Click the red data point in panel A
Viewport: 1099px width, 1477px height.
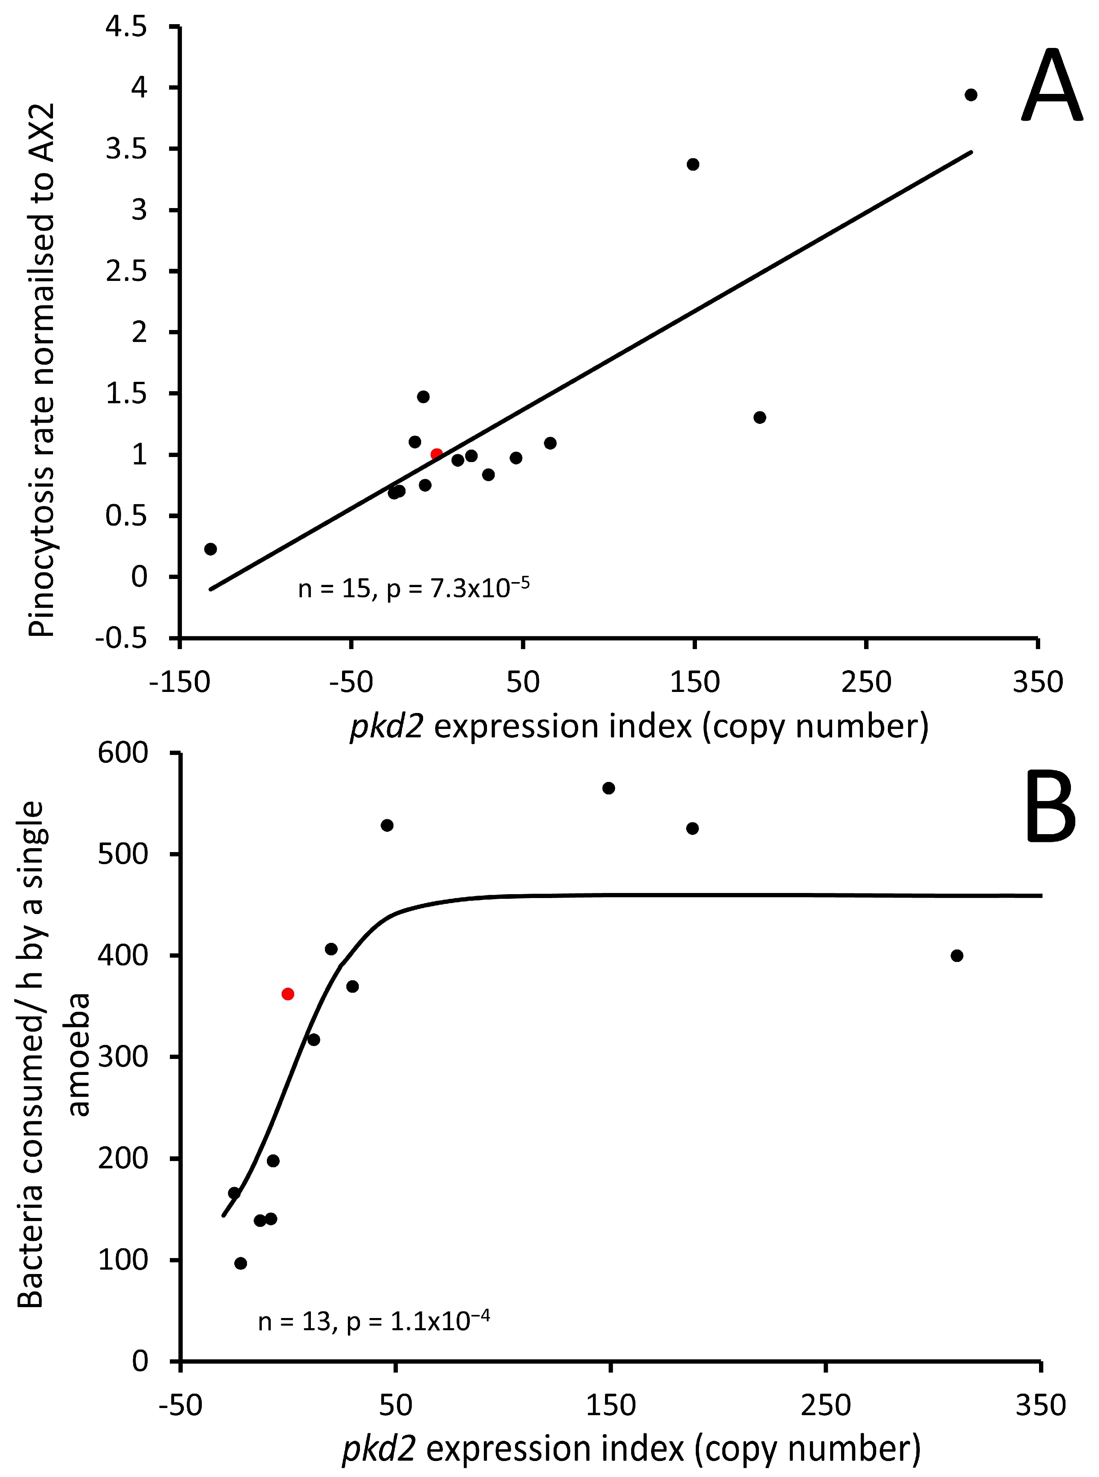(436, 454)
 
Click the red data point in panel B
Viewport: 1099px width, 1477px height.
(288, 994)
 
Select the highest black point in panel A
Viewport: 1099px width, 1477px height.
(970, 94)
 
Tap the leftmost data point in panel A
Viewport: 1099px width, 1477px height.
(211, 549)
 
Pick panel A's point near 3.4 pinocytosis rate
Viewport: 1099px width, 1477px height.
(693, 164)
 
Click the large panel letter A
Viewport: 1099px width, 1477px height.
(1050, 86)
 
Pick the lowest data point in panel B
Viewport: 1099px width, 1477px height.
(241, 1263)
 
